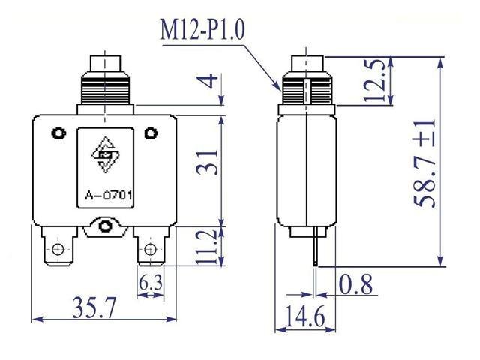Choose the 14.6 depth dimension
(305, 318)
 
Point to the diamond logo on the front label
(106, 154)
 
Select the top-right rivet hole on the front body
(152, 134)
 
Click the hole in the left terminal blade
(57, 247)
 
